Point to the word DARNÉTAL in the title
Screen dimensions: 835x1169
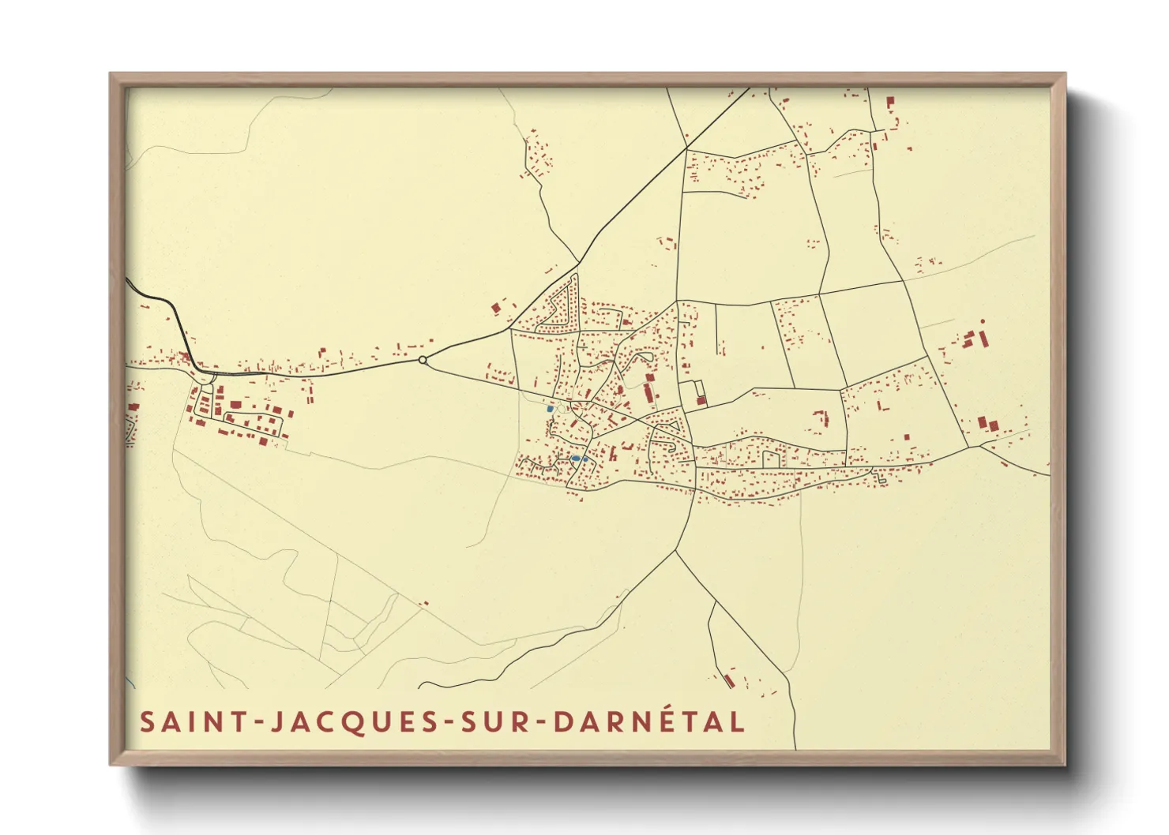point(648,722)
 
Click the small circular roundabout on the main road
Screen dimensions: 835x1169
point(423,360)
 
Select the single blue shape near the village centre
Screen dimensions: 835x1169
point(550,409)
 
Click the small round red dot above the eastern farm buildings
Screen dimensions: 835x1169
point(983,321)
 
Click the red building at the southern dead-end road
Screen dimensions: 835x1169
point(729,679)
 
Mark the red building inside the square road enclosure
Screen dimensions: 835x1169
point(701,400)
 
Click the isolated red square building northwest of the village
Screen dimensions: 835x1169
point(497,307)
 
